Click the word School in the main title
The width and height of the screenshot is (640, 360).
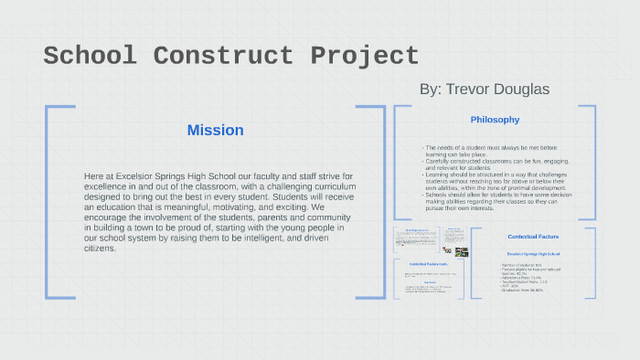click(x=90, y=56)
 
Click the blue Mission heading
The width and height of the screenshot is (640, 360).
click(x=215, y=130)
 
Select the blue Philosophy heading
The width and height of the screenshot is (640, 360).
click(x=495, y=120)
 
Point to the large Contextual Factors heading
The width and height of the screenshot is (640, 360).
click(x=532, y=237)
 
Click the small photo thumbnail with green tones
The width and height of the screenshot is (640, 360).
click(x=462, y=251)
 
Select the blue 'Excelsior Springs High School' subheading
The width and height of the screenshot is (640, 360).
click(x=532, y=253)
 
